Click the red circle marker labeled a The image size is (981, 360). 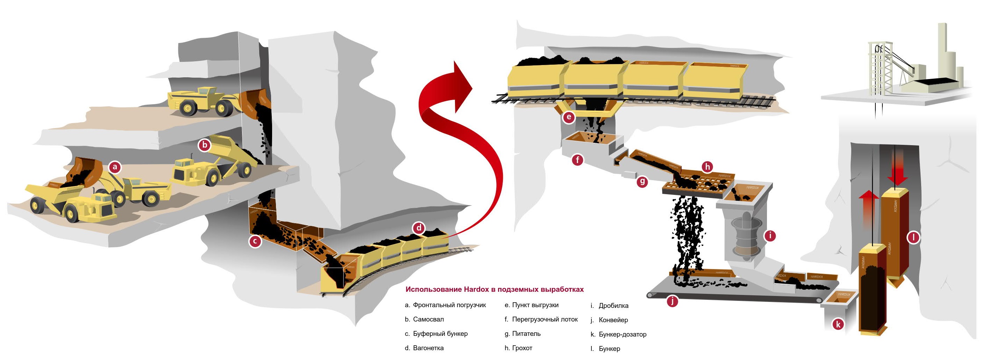(115, 167)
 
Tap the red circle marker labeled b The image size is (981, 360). (205, 145)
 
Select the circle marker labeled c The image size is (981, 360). (255, 241)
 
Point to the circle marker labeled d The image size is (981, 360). (419, 228)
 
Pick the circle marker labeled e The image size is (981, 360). (569, 117)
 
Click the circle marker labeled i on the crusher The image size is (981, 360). (770, 236)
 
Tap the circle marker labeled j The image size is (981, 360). (672, 301)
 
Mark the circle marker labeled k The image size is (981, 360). (838, 324)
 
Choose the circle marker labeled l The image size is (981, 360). (913, 238)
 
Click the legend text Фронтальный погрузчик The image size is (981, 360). (449, 305)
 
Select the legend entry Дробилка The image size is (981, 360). (613, 305)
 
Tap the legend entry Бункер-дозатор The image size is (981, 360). (623, 334)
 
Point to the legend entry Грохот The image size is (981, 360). (522, 348)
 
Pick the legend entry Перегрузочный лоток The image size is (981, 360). (545, 319)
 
